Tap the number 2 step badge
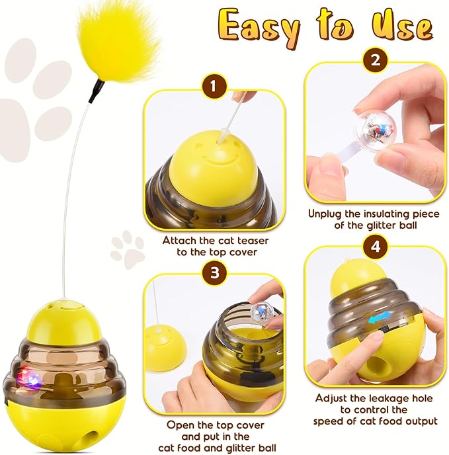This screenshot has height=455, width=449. (x=375, y=62)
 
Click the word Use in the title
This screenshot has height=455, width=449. (x=403, y=26)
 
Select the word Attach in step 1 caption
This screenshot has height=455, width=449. (x=180, y=240)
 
